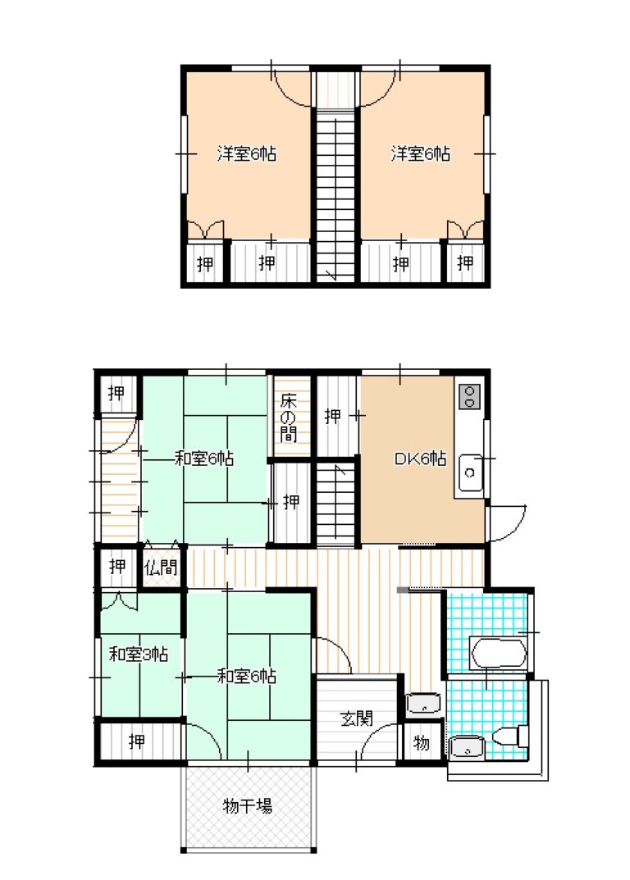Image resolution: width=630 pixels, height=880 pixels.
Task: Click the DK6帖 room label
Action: click(x=420, y=458)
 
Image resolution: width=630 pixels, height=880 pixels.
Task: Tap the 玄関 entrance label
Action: click(x=357, y=718)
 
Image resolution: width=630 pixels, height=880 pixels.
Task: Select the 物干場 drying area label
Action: click(x=247, y=806)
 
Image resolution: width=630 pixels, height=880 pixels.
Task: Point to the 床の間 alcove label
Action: click(x=288, y=417)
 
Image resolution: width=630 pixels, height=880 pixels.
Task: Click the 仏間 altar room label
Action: click(x=161, y=568)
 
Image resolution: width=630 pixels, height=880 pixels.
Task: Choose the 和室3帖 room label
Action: click(x=138, y=654)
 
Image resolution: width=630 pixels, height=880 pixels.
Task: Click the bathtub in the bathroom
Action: click(x=498, y=654)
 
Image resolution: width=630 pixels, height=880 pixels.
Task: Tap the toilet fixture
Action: click(x=510, y=736)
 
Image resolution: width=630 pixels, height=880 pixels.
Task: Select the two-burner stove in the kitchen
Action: click(x=470, y=396)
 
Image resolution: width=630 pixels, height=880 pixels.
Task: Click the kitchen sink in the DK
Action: click(x=471, y=472)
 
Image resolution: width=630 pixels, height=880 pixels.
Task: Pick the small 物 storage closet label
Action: click(x=421, y=743)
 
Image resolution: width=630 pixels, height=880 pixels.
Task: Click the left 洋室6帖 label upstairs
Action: click(x=246, y=153)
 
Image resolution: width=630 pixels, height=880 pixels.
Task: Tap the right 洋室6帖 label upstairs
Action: click(x=421, y=153)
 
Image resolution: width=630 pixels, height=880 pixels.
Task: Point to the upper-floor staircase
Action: click(x=336, y=194)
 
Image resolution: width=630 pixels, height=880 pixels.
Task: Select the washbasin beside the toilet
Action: click(x=467, y=747)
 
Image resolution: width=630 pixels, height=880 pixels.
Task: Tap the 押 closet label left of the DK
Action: click(x=332, y=416)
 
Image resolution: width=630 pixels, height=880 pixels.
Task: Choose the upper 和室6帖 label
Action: click(x=204, y=458)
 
